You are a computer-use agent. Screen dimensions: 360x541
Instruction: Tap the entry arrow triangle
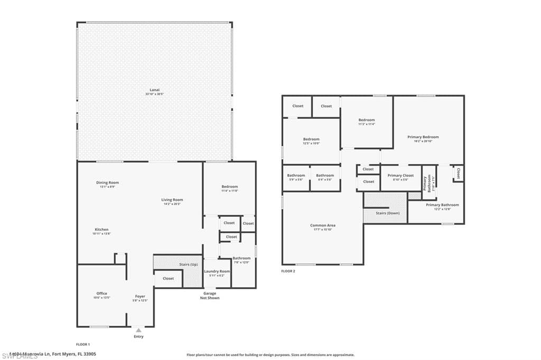point(138,330)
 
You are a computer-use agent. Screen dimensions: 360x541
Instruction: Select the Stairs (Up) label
point(189,264)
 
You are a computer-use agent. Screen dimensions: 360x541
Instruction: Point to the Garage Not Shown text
point(210,296)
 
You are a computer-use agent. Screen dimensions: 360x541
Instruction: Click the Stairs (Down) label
point(387,213)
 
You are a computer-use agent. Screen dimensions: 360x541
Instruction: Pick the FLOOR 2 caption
point(288,271)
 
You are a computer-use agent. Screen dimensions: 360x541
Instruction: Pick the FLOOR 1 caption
point(83,344)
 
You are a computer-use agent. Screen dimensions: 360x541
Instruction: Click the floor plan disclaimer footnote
point(270,355)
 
